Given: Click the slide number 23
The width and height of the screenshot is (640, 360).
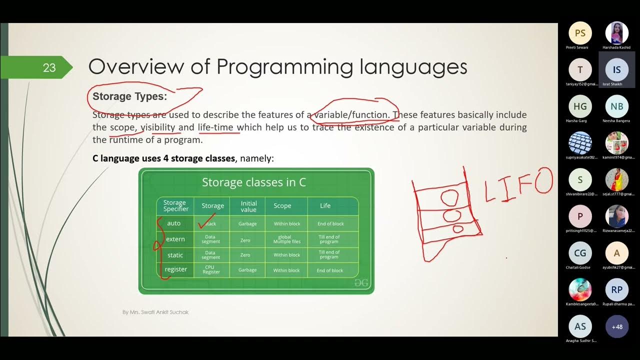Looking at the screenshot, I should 49,67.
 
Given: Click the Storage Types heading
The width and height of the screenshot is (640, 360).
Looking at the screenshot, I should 129,96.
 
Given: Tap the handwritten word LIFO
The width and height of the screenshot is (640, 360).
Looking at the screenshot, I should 519,185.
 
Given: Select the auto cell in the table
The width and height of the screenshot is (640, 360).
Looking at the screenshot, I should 174,223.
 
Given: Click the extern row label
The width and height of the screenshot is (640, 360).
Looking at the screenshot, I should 175,239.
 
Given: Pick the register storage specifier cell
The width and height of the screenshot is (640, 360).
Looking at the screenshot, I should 176,269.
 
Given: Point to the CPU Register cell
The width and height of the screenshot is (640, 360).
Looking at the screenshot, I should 211,269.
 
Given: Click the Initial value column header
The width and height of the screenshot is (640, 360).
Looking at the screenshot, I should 248,206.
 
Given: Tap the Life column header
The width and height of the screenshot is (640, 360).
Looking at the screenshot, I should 325,205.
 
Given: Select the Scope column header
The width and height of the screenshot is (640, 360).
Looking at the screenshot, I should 282,205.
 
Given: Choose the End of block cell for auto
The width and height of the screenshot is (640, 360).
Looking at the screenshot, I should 330,223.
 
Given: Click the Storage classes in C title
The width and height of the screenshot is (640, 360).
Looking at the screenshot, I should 254,182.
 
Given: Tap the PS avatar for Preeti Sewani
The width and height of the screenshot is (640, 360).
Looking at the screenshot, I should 580,33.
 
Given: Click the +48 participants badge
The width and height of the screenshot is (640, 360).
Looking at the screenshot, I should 617,326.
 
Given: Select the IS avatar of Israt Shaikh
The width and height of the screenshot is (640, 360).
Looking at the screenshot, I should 617,70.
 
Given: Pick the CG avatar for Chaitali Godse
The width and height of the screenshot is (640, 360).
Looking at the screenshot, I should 580,253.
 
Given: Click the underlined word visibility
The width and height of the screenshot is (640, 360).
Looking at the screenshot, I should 158,127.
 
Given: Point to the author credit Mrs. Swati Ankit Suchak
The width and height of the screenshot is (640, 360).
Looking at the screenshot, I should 155,312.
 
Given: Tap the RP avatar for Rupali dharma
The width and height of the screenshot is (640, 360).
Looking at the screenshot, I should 617,290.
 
